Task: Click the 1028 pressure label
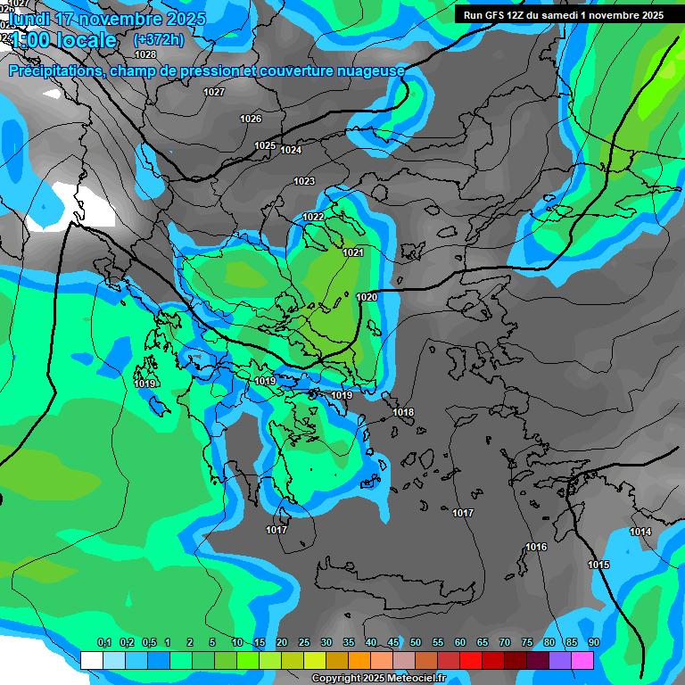point(145,54)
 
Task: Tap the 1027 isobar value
point(214,93)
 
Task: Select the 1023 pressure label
point(304,182)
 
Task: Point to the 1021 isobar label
point(353,253)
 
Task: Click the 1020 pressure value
point(367,297)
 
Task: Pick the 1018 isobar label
point(403,412)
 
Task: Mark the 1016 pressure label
point(536,547)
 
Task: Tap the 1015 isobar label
point(598,565)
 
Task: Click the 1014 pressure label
point(640,532)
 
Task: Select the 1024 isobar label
point(291,151)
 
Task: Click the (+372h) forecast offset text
point(159,40)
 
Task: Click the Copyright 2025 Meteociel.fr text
point(378,679)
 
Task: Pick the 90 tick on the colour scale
point(594,643)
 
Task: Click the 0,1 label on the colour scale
point(103,643)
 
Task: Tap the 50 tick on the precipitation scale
point(416,643)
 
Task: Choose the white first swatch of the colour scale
point(91,660)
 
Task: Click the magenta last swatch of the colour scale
point(582,660)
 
